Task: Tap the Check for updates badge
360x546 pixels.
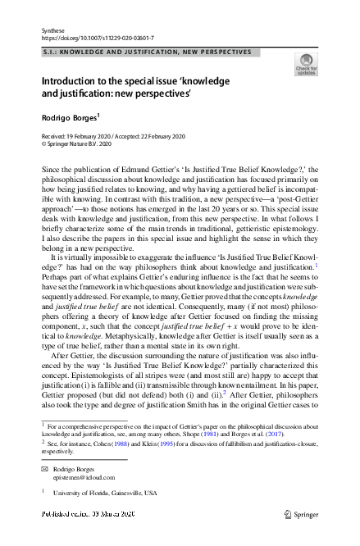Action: pos(307,64)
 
